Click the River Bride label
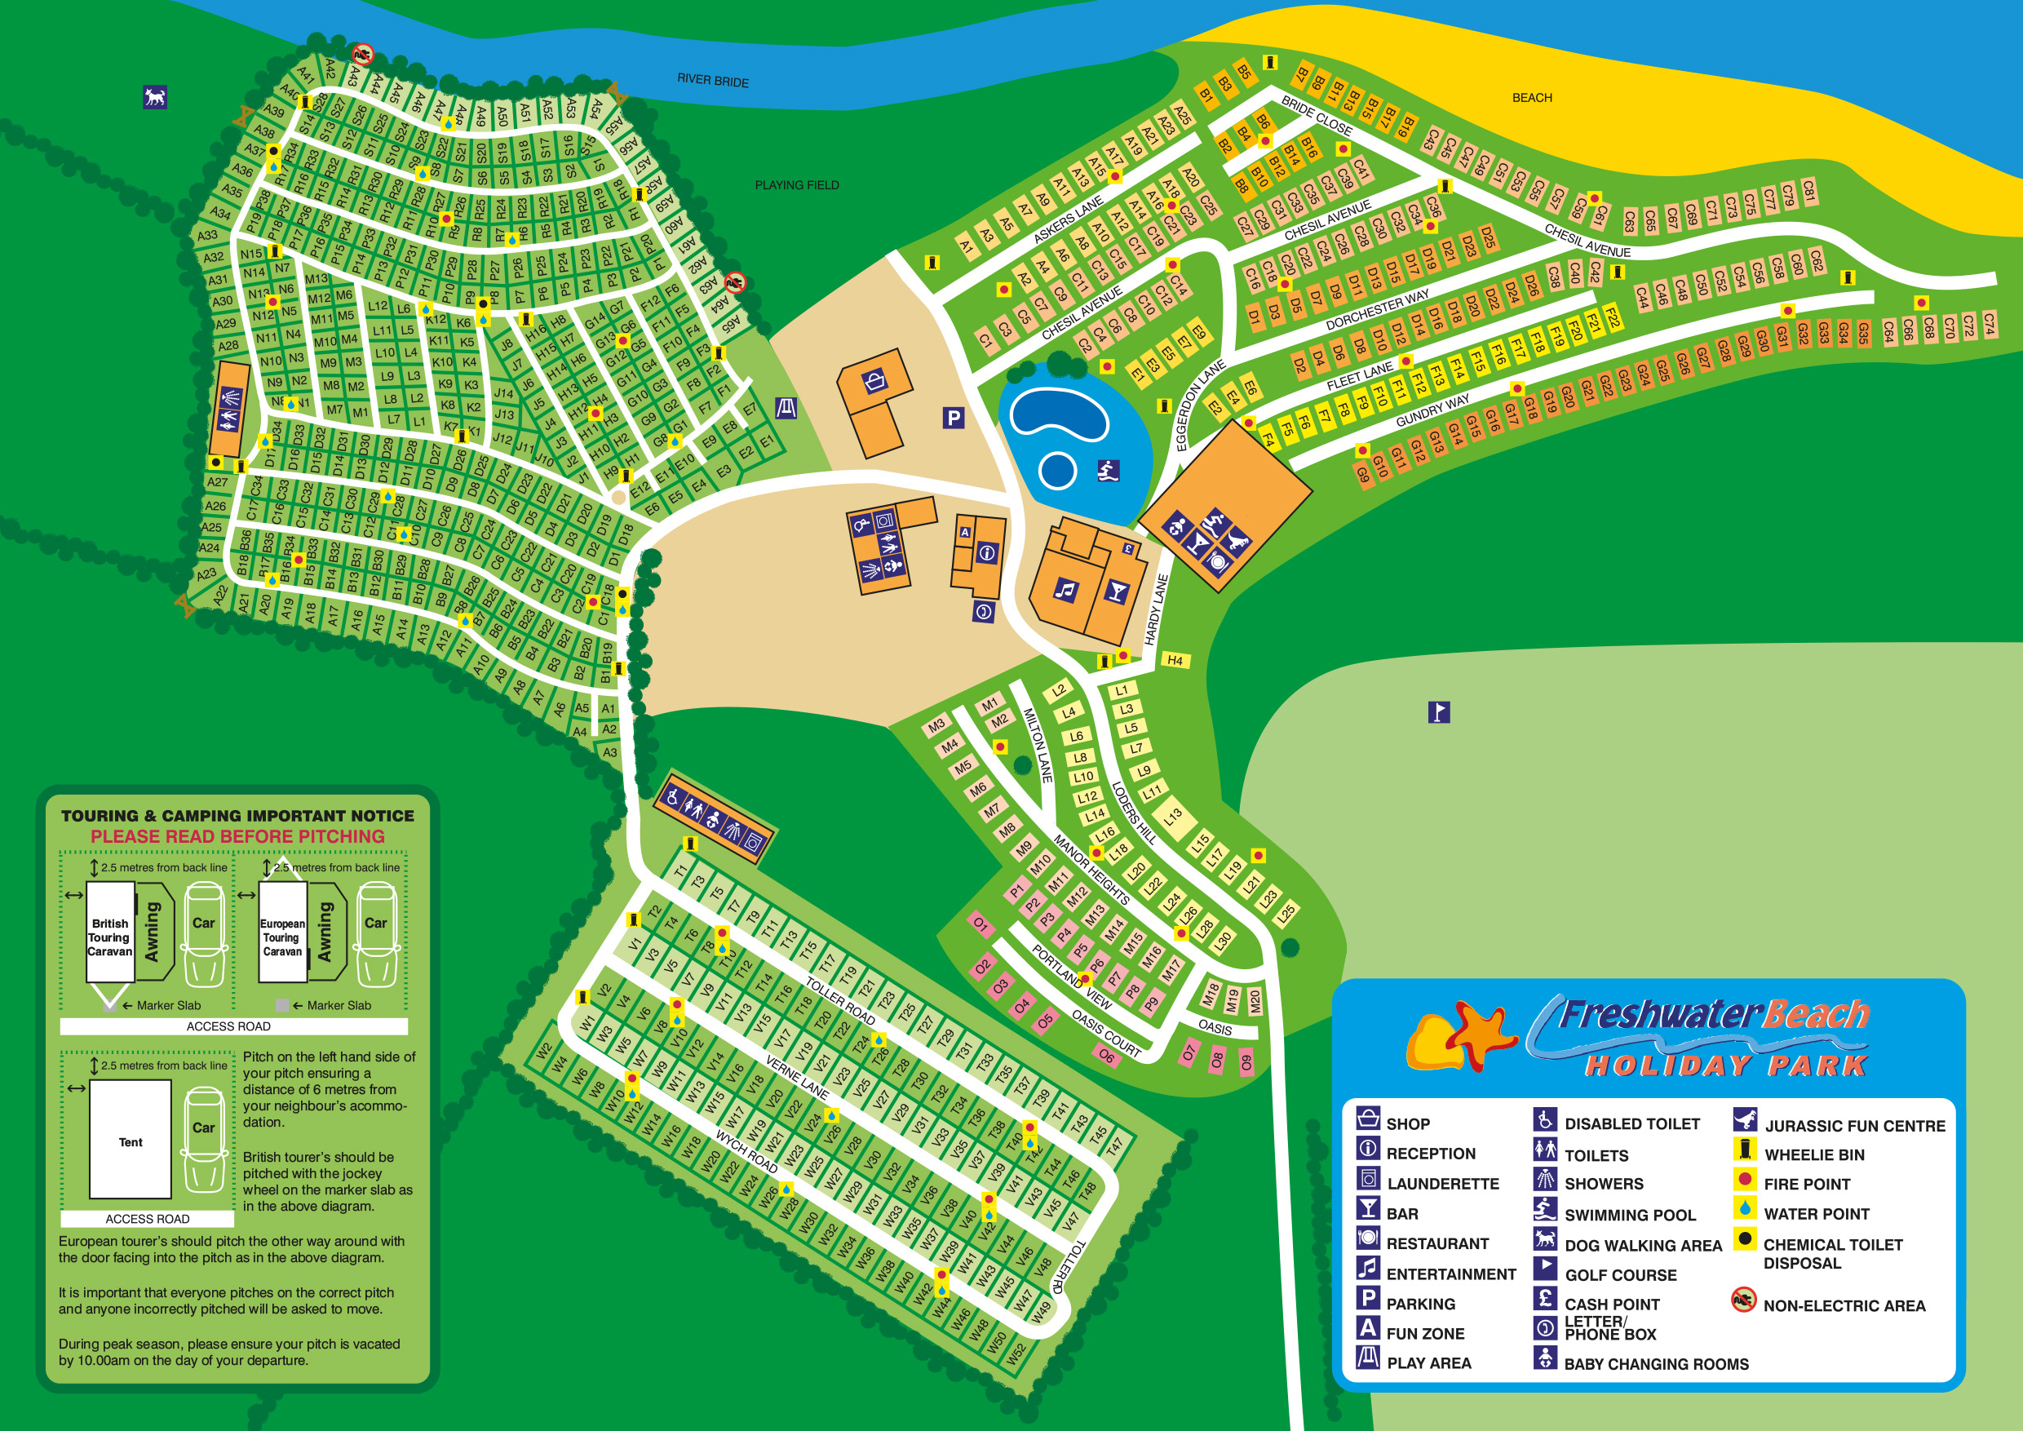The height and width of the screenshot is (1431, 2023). pos(712,80)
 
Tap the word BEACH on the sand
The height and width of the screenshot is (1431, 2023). pos(1531,98)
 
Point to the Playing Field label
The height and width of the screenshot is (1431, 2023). pos(796,185)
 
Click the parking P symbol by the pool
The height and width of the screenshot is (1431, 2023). pos(953,418)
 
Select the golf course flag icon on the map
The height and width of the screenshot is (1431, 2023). pos(1438,711)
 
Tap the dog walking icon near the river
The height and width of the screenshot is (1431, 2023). pos(155,97)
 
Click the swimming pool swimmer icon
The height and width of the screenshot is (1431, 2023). pos(1108,472)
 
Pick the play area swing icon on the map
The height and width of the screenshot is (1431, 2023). pos(786,408)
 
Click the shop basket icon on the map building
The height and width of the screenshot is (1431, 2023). pos(875,382)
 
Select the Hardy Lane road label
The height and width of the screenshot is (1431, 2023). pos(1156,609)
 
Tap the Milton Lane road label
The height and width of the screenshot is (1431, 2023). pos(1037,745)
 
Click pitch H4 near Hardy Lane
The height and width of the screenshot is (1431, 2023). pos(1175,660)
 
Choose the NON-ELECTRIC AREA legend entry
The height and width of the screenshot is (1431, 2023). pos(1844,1305)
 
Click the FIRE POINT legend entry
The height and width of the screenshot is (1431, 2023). pos(1806,1184)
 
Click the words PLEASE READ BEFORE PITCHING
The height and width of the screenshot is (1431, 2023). pos(237,836)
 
